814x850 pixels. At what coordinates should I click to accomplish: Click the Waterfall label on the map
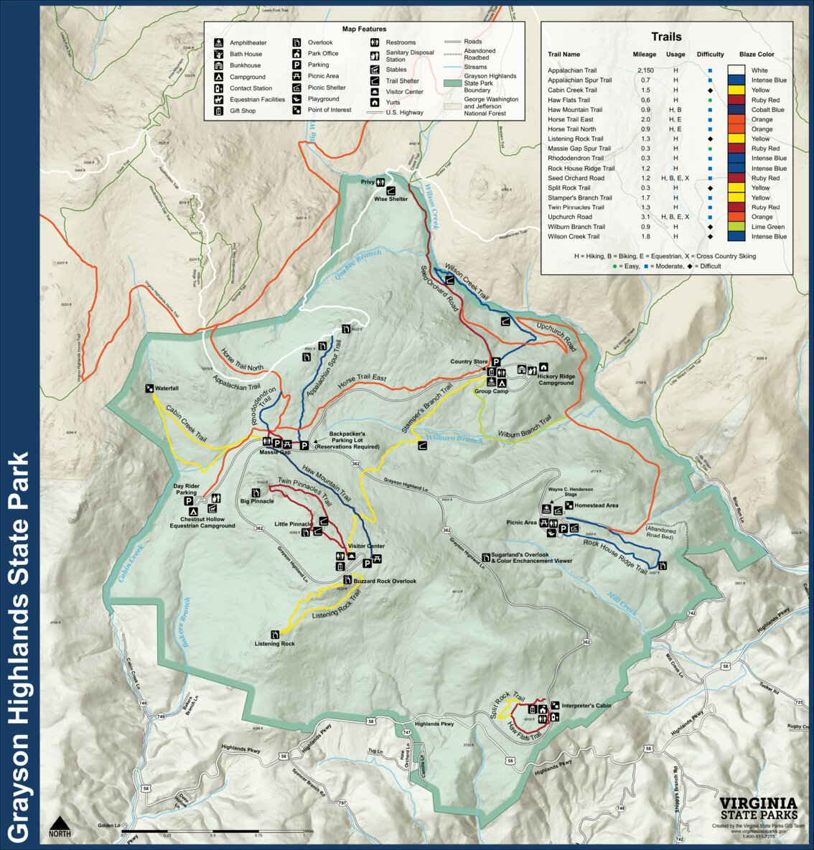click(x=167, y=388)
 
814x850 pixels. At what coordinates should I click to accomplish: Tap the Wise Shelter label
click(x=390, y=199)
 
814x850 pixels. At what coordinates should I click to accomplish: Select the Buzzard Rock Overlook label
click(x=385, y=581)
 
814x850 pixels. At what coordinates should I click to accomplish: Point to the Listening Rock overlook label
click(x=274, y=643)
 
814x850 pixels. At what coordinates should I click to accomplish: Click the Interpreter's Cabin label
click(x=586, y=706)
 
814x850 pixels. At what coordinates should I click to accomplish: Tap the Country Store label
click(x=469, y=361)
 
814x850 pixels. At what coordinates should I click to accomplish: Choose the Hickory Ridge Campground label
click(x=556, y=380)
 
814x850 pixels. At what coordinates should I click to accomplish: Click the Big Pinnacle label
click(x=257, y=500)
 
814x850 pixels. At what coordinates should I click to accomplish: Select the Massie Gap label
click(x=275, y=452)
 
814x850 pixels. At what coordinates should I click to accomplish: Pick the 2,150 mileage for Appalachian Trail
click(x=645, y=70)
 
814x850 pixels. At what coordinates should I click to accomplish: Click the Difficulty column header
click(x=710, y=55)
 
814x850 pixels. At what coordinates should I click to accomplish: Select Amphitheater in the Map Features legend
click(x=248, y=43)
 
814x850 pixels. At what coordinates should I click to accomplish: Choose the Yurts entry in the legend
click(x=393, y=103)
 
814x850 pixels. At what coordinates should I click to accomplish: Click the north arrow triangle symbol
click(x=60, y=821)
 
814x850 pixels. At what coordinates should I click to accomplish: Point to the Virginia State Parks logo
click(x=757, y=808)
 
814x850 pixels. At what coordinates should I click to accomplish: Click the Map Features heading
click(x=364, y=29)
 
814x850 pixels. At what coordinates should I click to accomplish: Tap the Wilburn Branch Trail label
click(x=525, y=435)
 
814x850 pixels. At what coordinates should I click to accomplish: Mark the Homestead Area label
click(x=596, y=505)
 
